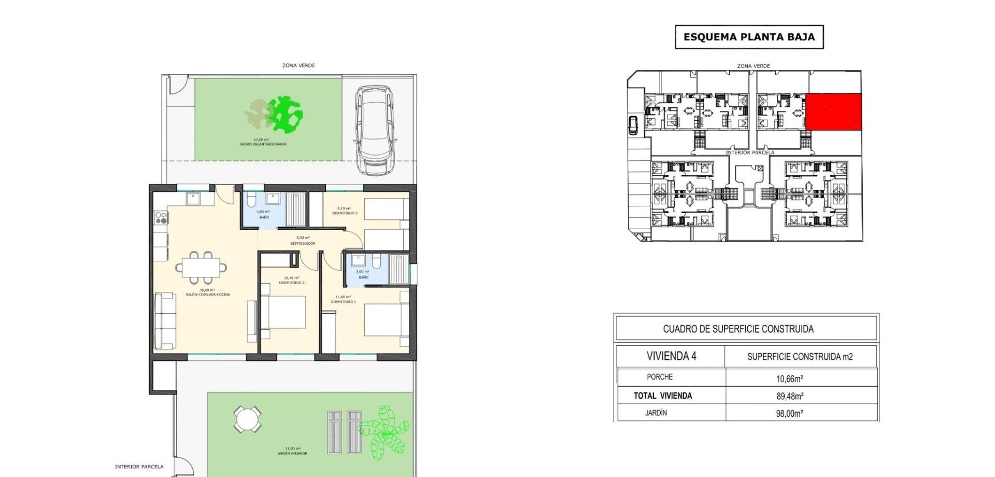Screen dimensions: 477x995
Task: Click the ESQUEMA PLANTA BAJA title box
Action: pyautogui.click(x=749, y=37)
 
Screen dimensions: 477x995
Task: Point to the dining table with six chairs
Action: pyautogui.click(x=201, y=268)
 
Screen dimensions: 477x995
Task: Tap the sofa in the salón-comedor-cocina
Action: pyautogui.click(x=165, y=320)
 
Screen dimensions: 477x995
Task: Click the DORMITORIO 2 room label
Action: pyautogui.click(x=292, y=280)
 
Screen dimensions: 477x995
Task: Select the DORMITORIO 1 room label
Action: pyautogui.click(x=343, y=299)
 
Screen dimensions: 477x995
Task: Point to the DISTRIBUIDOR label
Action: pyautogui.click(x=303, y=241)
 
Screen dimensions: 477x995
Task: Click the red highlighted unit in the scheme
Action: pyautogui.click(x=833, y=111)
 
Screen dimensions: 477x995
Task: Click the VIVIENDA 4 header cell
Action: pyautogui.click(x=671, y=356)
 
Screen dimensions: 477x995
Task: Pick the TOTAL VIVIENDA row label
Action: pyautogui.click(x=663, y=396)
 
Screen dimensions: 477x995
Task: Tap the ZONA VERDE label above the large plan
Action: pyautogui.click(x=298, y=65)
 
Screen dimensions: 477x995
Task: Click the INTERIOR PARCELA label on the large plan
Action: pyautogui.click(x=139, y=467)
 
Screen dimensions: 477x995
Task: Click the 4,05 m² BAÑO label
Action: pyautogui.click(x=264, y=215)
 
